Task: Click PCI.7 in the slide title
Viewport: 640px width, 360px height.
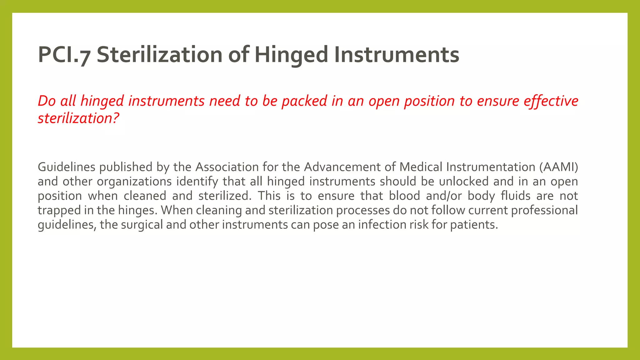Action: click(64, 55)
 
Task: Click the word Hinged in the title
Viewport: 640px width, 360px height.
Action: click(291, 55)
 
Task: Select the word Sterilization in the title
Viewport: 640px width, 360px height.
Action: click(160, 55)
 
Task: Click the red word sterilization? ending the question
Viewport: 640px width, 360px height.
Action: click(78, 118)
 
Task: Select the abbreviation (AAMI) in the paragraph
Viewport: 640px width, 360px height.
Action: click(558, 167)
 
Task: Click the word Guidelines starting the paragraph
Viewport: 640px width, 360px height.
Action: click(66, 167)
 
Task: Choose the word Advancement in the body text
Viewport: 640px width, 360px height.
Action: click(342, 167)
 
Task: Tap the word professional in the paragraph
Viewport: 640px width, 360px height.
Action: click(544, 210)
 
